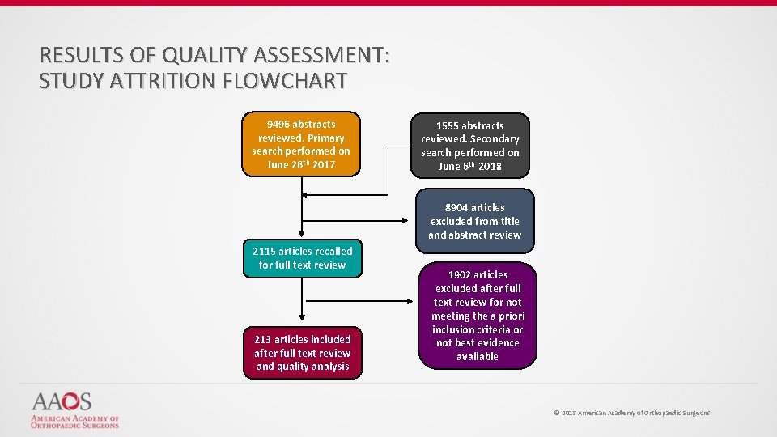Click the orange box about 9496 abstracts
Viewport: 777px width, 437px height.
(x=301, y=144)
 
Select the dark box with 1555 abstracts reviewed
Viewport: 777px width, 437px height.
(x=469, y=146)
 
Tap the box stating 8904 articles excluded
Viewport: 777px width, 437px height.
(x=474, y=221)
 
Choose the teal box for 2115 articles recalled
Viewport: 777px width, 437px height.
(x=302, y=258)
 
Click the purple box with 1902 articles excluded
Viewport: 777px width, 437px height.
(x=477, y=316)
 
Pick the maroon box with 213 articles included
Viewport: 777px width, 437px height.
(x=302, y=353)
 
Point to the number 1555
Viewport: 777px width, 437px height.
(x=448, y=125)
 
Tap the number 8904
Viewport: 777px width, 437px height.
(x=457, y=207)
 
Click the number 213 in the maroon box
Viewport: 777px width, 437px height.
(x=262, y=339)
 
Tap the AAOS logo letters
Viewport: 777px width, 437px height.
(x=62, y=401)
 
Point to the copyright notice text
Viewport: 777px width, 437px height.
(x=631, y=413)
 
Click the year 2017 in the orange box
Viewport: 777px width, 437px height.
(x=324, y=165)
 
